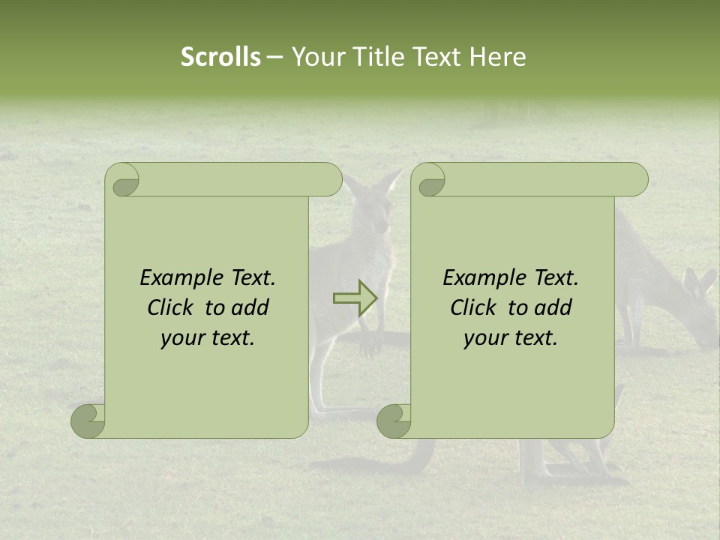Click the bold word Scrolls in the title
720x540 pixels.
[x=220, y=57]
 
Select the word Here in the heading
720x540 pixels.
[x=498, y=57]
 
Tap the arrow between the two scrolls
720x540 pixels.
[x=355, y=298]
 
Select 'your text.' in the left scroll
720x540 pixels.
[x=208, y=337]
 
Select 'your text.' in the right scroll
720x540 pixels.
[x=511, y=337]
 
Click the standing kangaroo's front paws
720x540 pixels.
[x=370, y=341]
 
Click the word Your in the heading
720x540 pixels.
[x=316, y=57]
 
